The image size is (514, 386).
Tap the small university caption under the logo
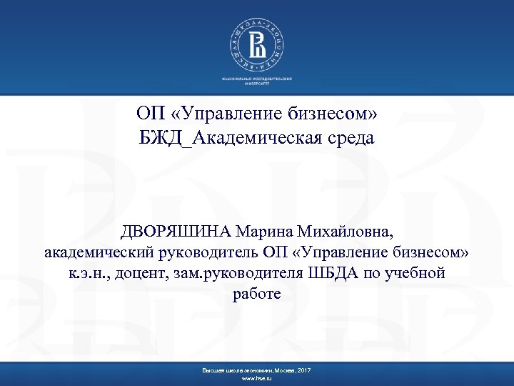256,79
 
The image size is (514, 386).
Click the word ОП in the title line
149,114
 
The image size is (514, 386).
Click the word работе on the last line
256,294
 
